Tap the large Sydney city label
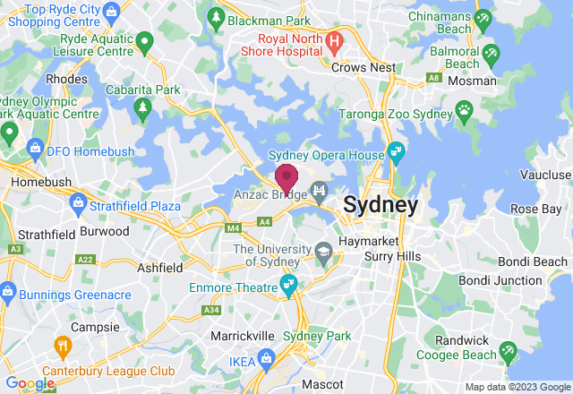click(x=381, y=205)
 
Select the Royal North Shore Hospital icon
click(x=335, y=40)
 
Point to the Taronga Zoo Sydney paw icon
click(x=464, y=109)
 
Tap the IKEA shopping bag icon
click(x=267, y=358)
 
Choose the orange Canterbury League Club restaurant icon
click(x=63, y=345)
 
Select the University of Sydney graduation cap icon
click(x=321, y=253)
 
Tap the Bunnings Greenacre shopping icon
click(x=7, y=291)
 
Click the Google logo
click(x=30, y=383)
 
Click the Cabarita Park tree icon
click(x=141, y=109)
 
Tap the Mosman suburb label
click(x=474, y=81)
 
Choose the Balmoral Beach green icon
click(x=491, y=56)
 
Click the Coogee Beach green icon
click(x=508, y=348)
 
